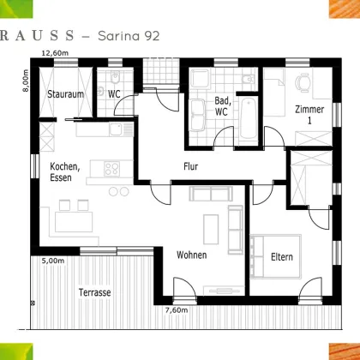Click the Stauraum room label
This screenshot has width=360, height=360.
click(x=65, y=94)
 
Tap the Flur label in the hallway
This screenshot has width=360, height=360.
click(x=190, y=166)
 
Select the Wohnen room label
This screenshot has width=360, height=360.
click(x=192, y=255)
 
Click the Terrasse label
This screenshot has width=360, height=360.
click(x=93, y=292)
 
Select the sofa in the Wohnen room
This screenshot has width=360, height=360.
click(x=210, y=226)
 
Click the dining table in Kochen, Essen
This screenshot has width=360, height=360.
click(x=75, y=219)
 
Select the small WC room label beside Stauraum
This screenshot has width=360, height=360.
click(x=113, y=93)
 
